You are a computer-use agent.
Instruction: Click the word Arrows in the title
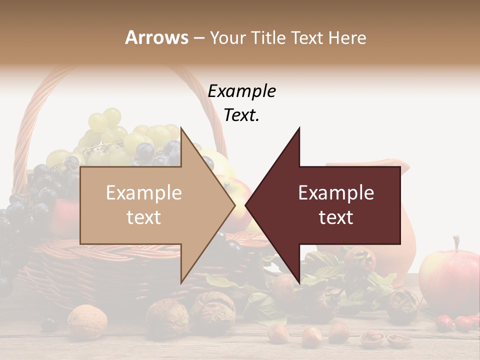click(156, 37)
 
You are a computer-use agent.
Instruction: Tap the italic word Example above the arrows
click(241, 91)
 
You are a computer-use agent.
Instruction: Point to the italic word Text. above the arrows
click(241, 115)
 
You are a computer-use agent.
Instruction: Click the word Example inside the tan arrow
click(144, 193)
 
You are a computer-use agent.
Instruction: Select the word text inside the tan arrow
click(144, 217)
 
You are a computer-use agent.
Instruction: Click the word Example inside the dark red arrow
click(336, 193)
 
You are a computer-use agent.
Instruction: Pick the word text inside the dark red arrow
click(336, 217)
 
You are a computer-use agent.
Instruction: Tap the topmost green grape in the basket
click(112, 116)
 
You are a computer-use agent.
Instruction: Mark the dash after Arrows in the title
click(198, 38)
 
